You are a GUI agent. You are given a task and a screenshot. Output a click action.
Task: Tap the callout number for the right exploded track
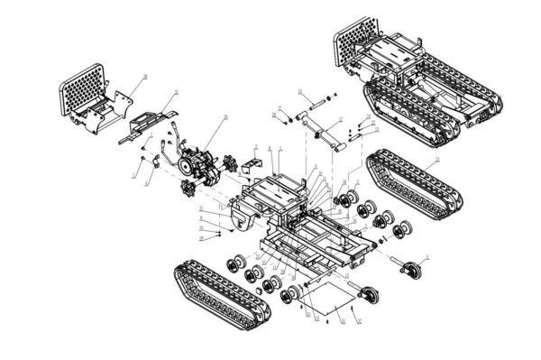[437, 160]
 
